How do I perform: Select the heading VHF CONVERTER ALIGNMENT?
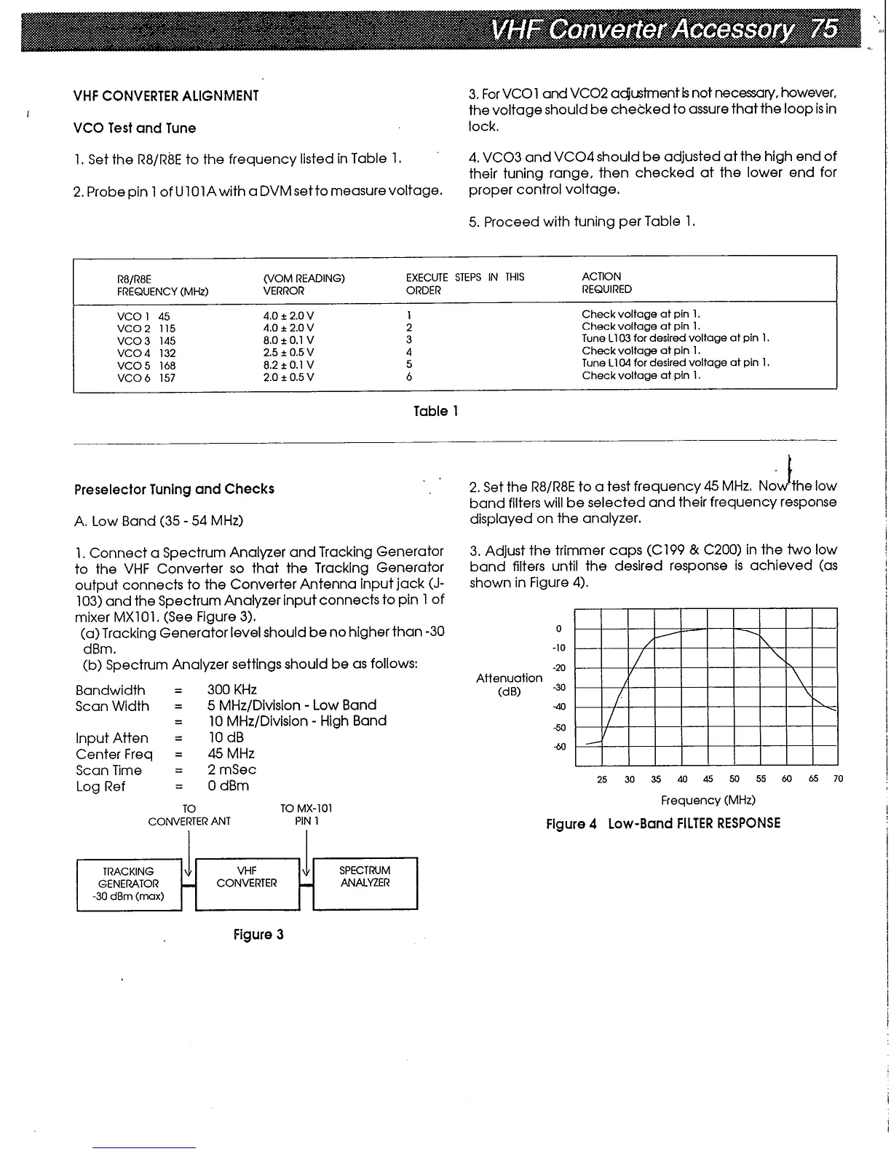[x=166, y=96]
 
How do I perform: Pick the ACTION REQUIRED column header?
[x=606, y=283]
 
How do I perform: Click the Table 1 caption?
[x=435, y=412]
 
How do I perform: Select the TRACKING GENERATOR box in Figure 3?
[x=128, y=884]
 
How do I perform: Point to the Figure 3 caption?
[x=258, y=935]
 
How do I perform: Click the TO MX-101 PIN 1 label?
[x=306, y=815]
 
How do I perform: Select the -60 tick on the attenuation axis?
[x=560, y=747]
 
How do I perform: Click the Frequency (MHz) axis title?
[x=708, y=800]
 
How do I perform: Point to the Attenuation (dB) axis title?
[x=509, y=685]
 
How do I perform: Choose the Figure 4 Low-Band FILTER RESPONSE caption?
[x=663, y=823]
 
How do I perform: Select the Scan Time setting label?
[x=108, y=770]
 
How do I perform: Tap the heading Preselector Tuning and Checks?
[x=174, y=490]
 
